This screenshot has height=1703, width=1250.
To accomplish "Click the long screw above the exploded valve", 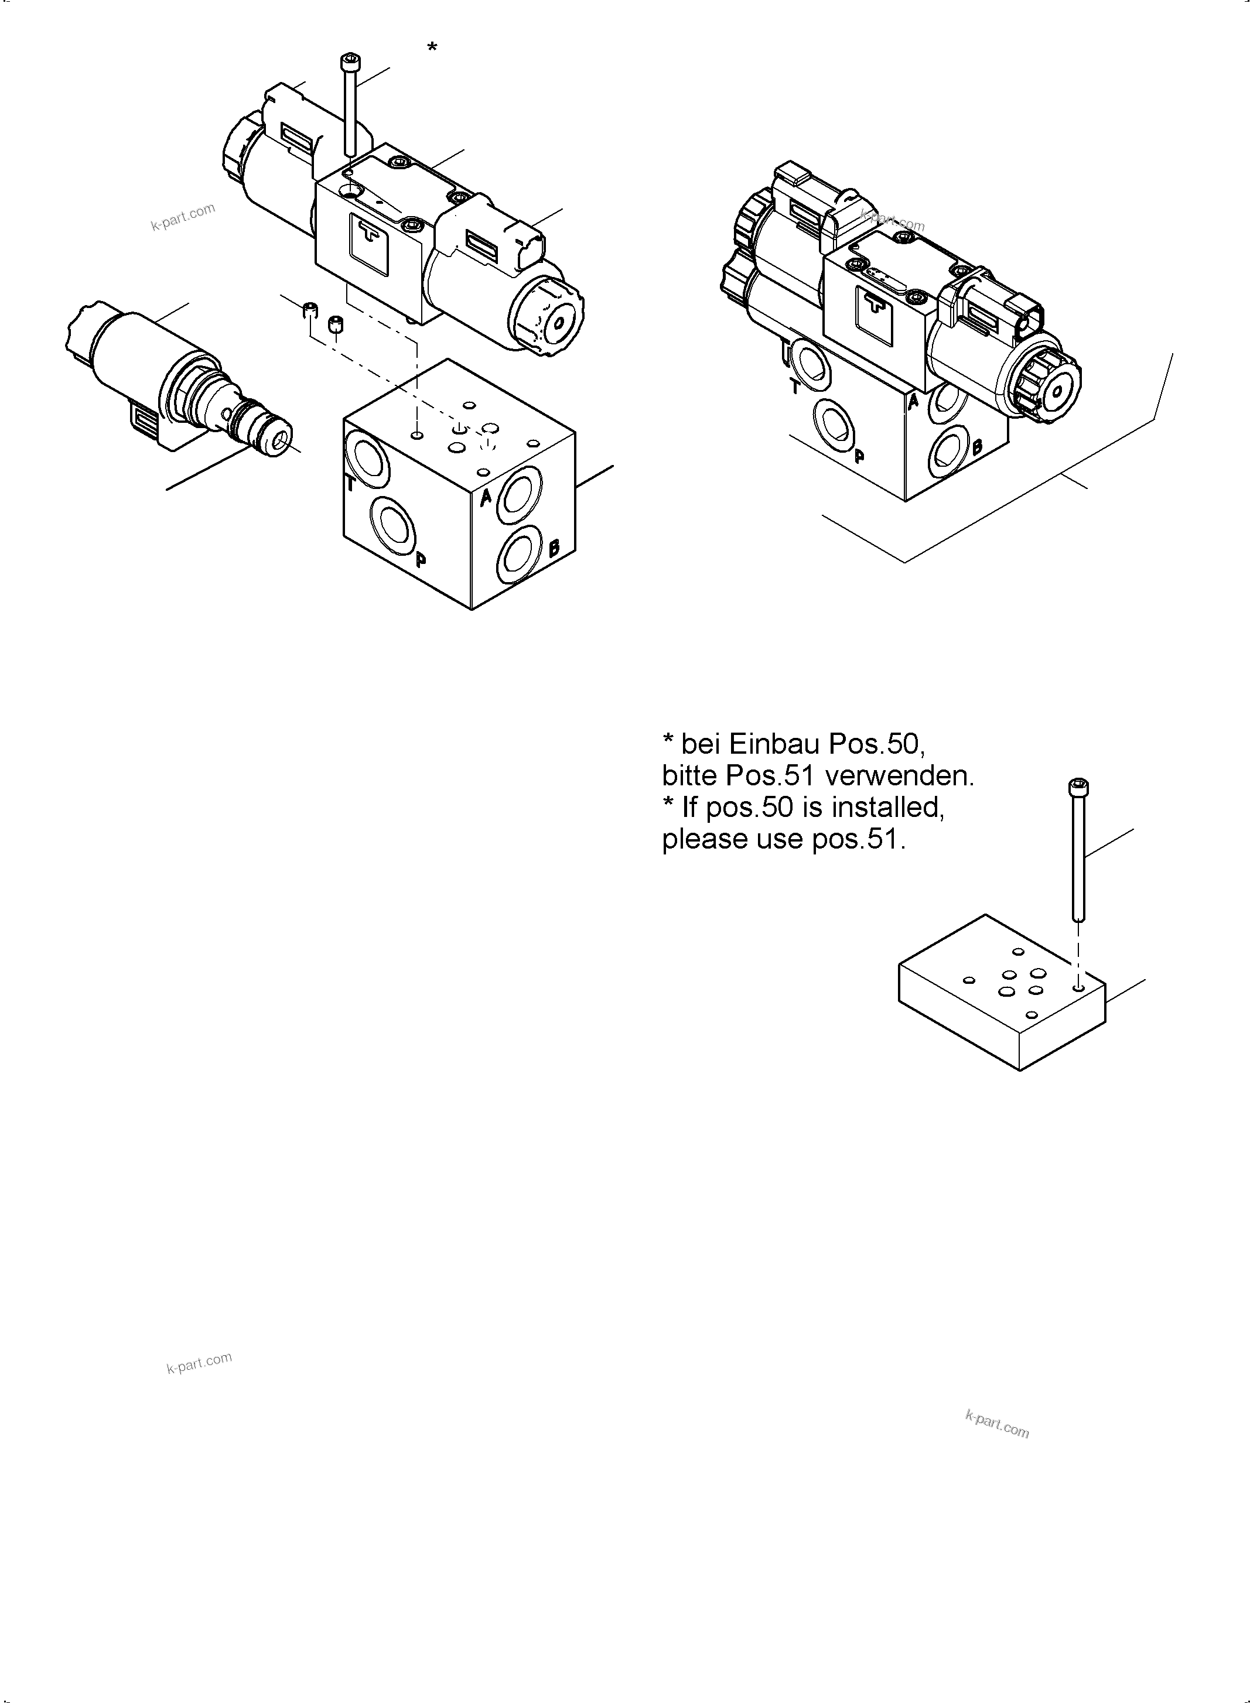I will (x=350, y=106).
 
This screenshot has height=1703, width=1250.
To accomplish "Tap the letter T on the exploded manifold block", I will (x=350, y=484).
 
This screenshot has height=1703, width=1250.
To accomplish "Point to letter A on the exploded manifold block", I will (x=487, y=497).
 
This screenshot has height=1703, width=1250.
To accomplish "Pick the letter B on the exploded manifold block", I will (x=554, y=547).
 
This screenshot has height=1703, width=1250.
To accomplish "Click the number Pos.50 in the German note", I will (x=876, y=744).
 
